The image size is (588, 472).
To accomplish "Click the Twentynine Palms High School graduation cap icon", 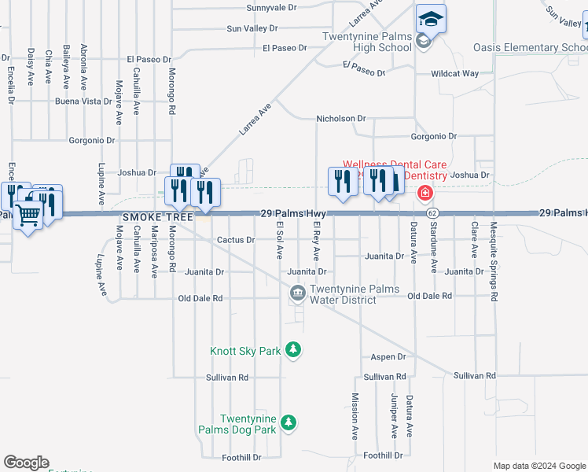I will [x=431, y=17].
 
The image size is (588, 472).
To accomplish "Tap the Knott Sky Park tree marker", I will [x=293, y=349].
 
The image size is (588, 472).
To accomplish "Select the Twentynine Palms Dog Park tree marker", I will [x=289, y=423].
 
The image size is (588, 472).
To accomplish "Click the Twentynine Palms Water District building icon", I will [x=298, y=294].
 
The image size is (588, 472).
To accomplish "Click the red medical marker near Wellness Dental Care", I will [x=424, y=193].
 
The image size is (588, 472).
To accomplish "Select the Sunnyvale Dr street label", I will [x=271, y=8].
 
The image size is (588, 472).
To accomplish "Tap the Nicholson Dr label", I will [x=341, y=119].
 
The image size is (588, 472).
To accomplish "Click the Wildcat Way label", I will [x=454, y=74].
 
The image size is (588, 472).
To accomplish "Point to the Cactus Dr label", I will [x=236, y=240].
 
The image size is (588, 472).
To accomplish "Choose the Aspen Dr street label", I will [x=388, y=356].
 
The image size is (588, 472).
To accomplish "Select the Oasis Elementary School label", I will [x=530, y=48].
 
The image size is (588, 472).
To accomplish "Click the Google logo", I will [x=26, y=463].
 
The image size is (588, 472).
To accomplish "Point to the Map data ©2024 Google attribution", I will [x=538, y=466].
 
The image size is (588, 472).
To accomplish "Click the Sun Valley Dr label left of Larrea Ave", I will [x=252, y=28].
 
